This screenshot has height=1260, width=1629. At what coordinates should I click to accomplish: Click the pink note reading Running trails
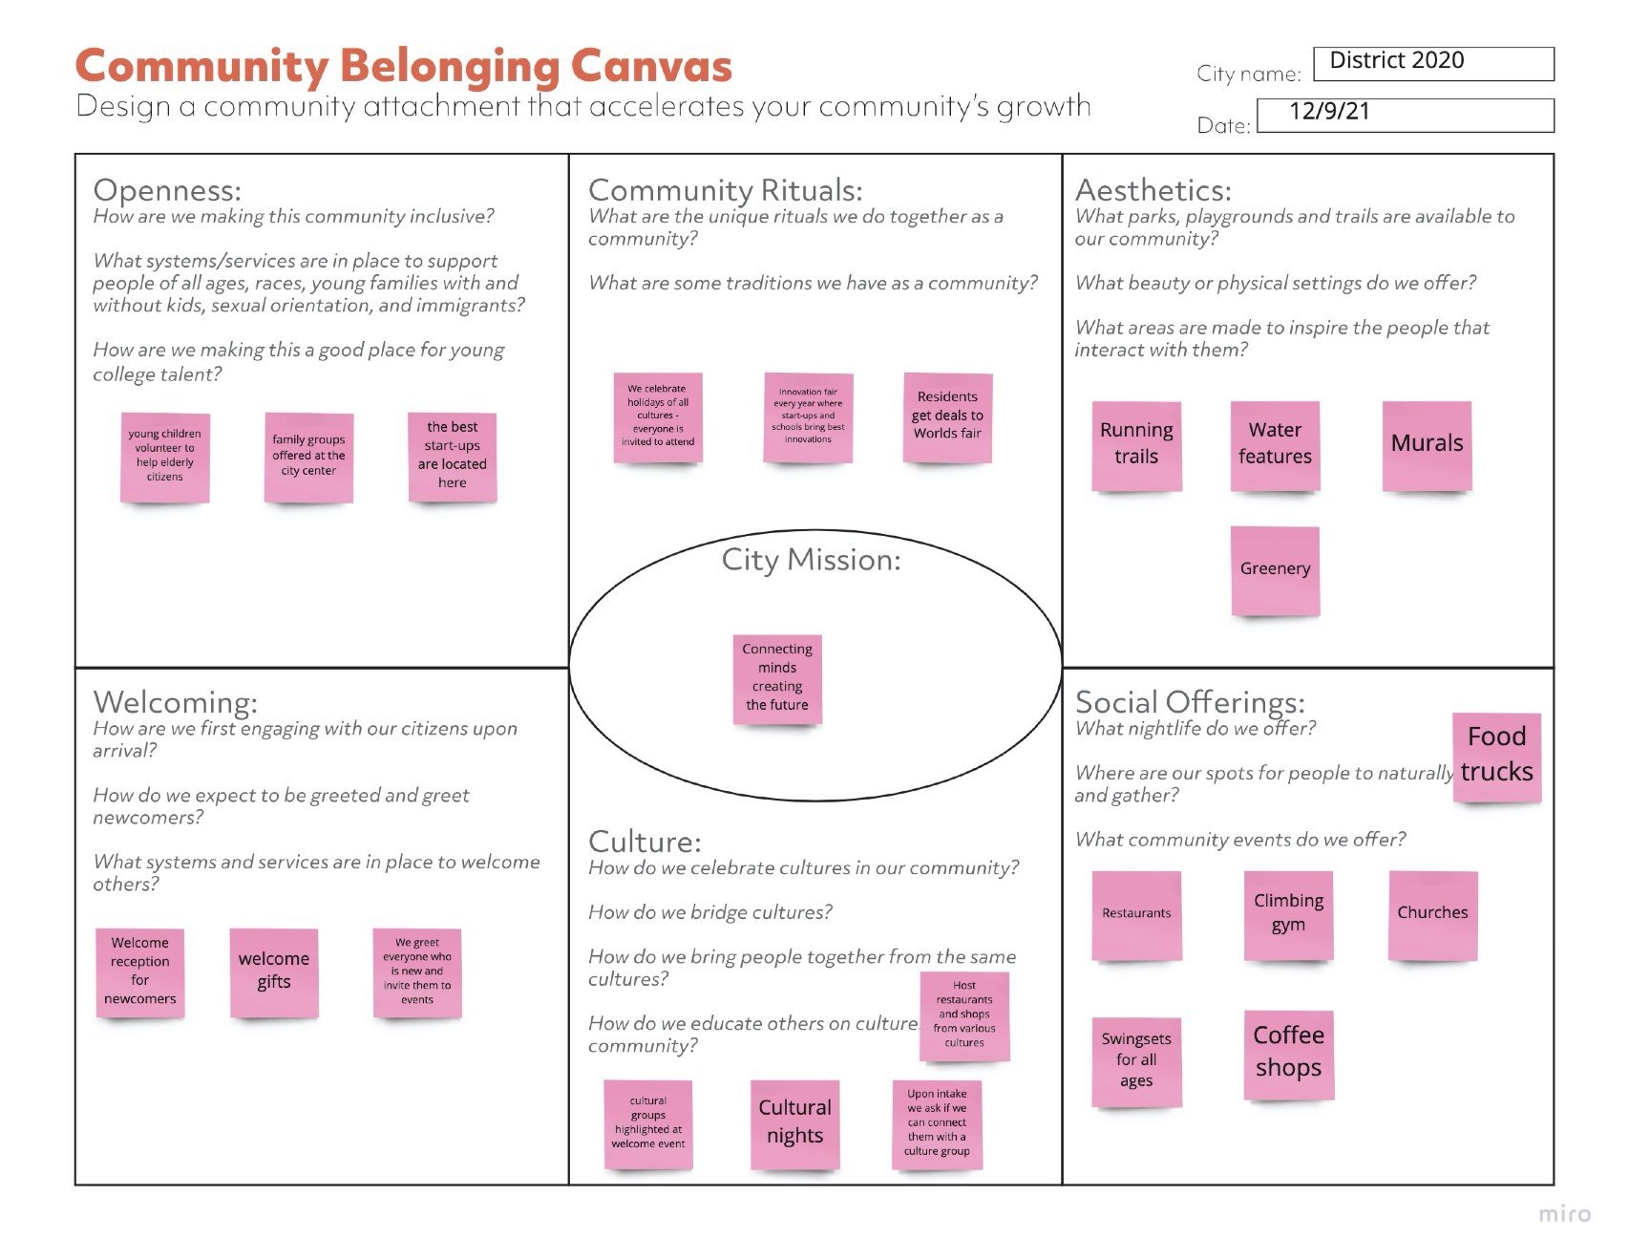coord(1136,446)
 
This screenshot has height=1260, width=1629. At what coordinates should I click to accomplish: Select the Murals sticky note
coord(1427,446)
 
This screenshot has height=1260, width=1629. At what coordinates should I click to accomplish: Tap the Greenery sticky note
coord(1275,571)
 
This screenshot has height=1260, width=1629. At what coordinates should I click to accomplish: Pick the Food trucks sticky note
coord(1496,758)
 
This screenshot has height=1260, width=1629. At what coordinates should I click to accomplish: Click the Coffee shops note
coord(1288,1055)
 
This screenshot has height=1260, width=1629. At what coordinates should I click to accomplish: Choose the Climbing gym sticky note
coord(1288,915)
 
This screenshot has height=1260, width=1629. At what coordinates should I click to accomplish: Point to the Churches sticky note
coord(1432,915)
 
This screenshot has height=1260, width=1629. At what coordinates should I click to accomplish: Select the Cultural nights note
coord(794,1124)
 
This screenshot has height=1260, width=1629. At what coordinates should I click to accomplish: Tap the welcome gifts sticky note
coord(274,972)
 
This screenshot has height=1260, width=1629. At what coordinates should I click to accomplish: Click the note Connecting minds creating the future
coord(777,679)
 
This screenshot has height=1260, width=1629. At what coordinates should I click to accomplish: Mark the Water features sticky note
coord(1275,446)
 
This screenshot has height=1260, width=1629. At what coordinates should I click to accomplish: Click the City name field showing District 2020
coord(1433,63)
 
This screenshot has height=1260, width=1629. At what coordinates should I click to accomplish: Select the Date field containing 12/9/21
coord(1405,115)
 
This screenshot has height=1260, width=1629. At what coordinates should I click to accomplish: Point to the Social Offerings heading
coord(1190,702)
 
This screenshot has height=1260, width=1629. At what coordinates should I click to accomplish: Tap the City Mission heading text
coord(811,560)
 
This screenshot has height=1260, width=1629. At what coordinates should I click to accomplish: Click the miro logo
coord(1564,1214)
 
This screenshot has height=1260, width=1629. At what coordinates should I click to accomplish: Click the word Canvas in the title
coord(651,66)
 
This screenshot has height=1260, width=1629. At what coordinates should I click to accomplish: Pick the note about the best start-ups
coord(452,457)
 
